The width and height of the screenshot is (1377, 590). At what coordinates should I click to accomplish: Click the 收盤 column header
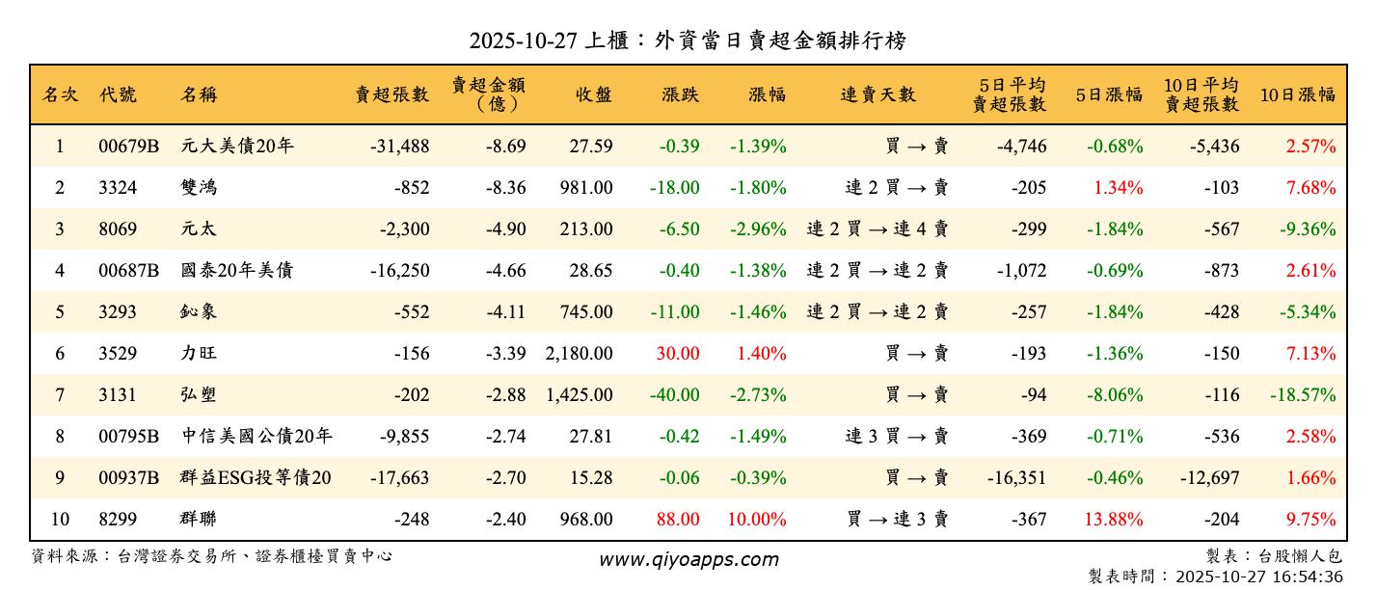pos(593,94)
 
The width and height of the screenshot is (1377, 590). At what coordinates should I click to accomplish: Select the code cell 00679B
pos(128,147)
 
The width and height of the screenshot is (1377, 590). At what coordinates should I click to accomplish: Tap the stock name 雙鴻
pos(199,188)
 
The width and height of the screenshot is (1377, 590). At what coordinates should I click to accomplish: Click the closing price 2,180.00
pos(579,353)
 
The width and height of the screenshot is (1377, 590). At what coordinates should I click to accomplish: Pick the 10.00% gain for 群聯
pos(757,519)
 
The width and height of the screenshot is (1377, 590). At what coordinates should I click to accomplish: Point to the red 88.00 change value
pos(678,519)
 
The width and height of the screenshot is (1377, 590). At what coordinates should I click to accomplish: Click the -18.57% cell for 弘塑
pos(1302,394)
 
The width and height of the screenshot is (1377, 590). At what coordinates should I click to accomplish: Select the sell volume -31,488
pos(399,147)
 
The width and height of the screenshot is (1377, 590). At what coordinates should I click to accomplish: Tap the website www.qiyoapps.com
pos(688,559)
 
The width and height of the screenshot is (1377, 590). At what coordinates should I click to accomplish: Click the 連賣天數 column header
pos(877,94)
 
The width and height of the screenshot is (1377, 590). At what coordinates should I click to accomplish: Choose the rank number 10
pos(60,519)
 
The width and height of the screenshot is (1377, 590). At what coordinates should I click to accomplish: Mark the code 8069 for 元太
pos(118,229)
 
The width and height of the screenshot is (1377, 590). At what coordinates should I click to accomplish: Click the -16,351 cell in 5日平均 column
pos(1016,477)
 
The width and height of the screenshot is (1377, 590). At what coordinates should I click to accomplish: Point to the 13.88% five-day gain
pos(1114,519)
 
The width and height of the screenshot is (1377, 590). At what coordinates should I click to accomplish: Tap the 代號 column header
pos(118,94)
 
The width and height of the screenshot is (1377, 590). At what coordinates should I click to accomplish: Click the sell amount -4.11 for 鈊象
pos(505,311)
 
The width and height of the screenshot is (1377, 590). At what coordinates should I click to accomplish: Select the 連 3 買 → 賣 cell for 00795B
pos(897,436)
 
